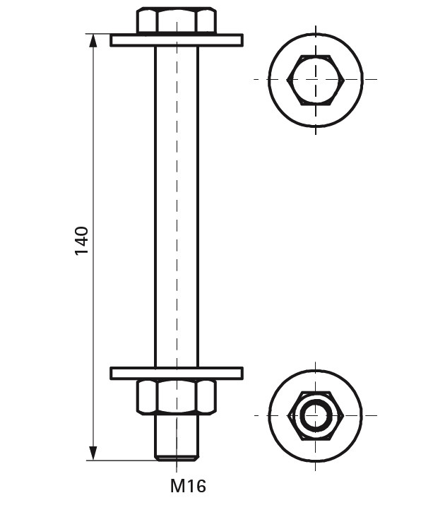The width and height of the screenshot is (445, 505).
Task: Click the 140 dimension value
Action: [x=81, y=241]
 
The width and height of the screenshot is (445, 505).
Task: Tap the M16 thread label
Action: [x=188, y=486]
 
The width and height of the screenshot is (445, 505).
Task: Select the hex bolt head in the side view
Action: [x=177, y=20]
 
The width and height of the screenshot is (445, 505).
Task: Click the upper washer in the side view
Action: [x=177, y=40]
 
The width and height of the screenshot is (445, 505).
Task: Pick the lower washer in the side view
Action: [x=177, y=373]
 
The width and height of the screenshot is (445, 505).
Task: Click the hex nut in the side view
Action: [x=177, y=397]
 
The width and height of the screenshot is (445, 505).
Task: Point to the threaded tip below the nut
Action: [x=177, y=437]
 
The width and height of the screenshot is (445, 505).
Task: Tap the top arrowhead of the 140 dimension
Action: [x=93, y=41]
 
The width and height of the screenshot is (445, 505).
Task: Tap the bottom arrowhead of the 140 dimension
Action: [x=93, y=453]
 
